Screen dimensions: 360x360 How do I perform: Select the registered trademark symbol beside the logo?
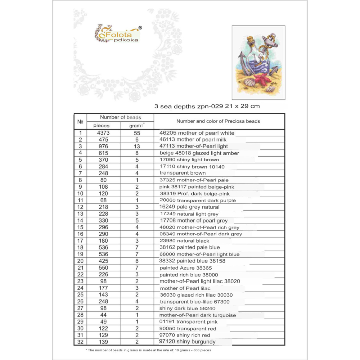[x=140, y=28]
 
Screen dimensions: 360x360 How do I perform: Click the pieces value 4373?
[x=103, y=133]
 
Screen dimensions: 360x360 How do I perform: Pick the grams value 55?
[x=136, y=133]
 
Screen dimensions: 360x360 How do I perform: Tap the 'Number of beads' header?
[x=121, y=117]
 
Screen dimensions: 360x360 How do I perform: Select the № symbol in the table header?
[x=80, y=122]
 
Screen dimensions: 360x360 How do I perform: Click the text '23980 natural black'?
[x=184, y=240]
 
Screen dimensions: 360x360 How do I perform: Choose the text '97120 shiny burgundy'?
[x=188, y=342]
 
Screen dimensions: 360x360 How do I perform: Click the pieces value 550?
[x=103, y=268]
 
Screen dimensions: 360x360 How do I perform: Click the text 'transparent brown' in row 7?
[x=183, y=173]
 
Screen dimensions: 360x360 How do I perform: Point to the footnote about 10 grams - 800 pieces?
[x=148, y=350]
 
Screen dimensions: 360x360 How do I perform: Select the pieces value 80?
[x=103, y=180]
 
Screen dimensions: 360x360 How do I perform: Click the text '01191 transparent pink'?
[x=188, y=321]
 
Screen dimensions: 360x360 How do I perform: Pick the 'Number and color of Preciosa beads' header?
[x=218, y=121]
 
